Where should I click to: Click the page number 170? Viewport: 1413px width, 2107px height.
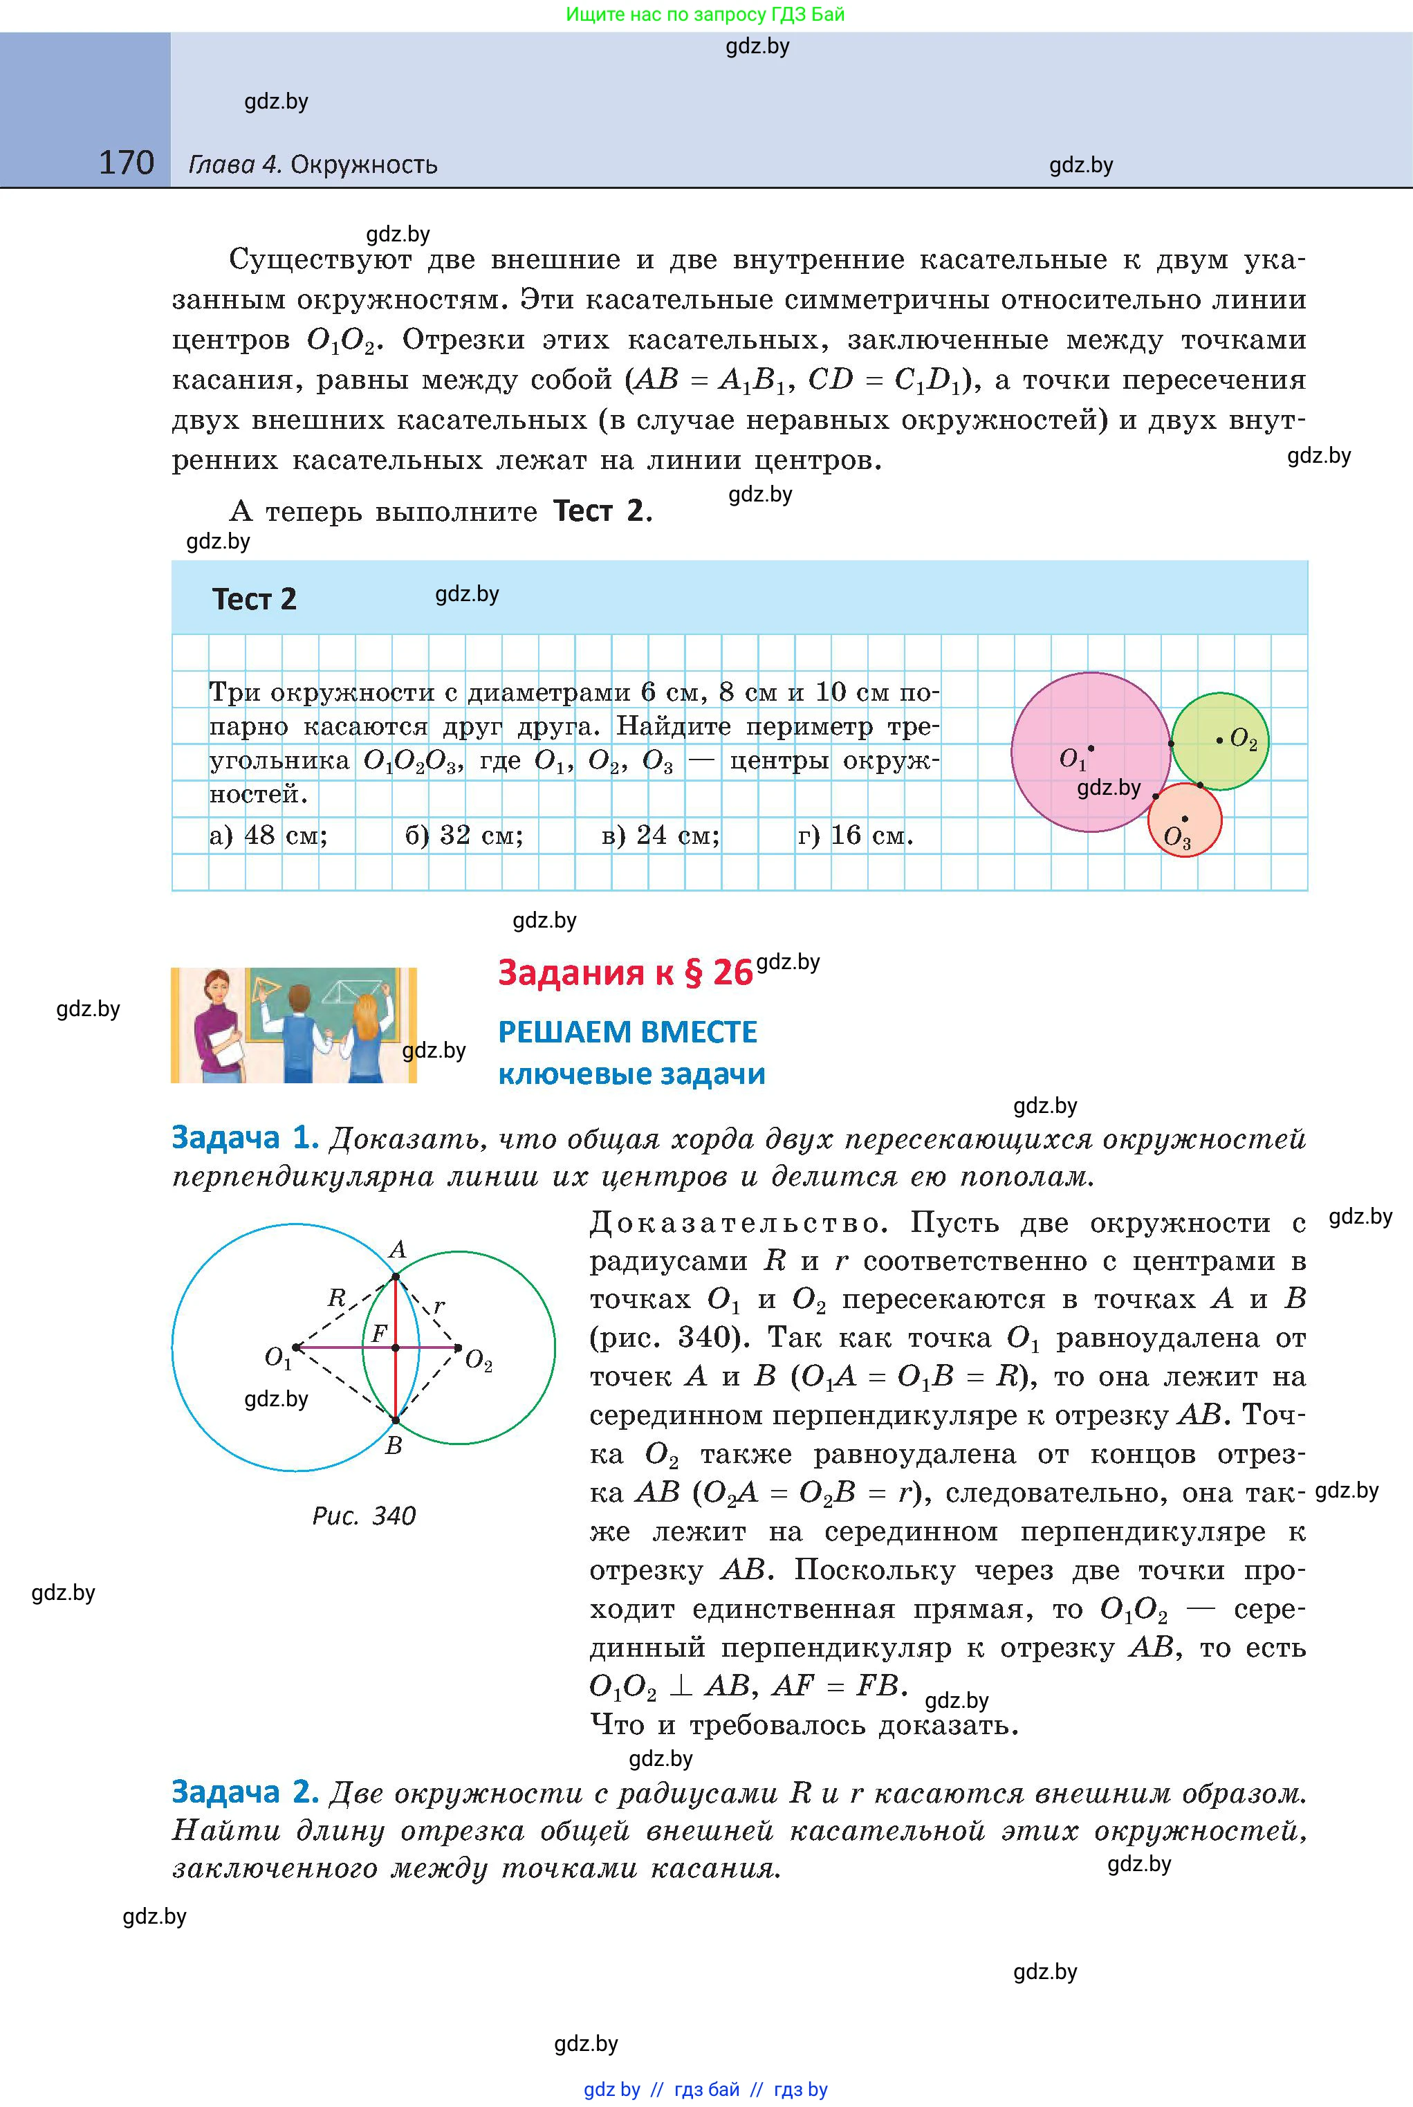click(126, 163)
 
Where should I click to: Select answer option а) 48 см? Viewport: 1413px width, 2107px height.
click(268, 836)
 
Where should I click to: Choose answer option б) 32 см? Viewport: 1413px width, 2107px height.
click(463, 836)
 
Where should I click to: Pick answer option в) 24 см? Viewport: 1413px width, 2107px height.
click(660, 836)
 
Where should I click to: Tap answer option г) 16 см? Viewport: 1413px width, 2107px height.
click(854, 836)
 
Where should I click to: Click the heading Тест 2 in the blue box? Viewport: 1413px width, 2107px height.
click(254, 599)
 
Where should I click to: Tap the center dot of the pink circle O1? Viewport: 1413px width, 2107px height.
click(1091, 748)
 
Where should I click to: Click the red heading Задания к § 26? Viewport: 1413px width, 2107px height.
click(625, 973)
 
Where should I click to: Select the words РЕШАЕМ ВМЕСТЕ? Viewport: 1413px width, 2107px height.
click(627, 1032)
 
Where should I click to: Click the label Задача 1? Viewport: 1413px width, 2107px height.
click(245, 1138)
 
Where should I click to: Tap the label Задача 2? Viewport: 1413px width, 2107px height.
click(245, 1792)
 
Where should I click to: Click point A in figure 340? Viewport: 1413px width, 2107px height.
click(396, 1250)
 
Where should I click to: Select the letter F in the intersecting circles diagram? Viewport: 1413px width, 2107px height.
click(380, 1332)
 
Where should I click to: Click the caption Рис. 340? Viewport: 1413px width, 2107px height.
click(364, 1516)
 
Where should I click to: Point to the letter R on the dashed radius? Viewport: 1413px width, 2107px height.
click(336, 1298)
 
